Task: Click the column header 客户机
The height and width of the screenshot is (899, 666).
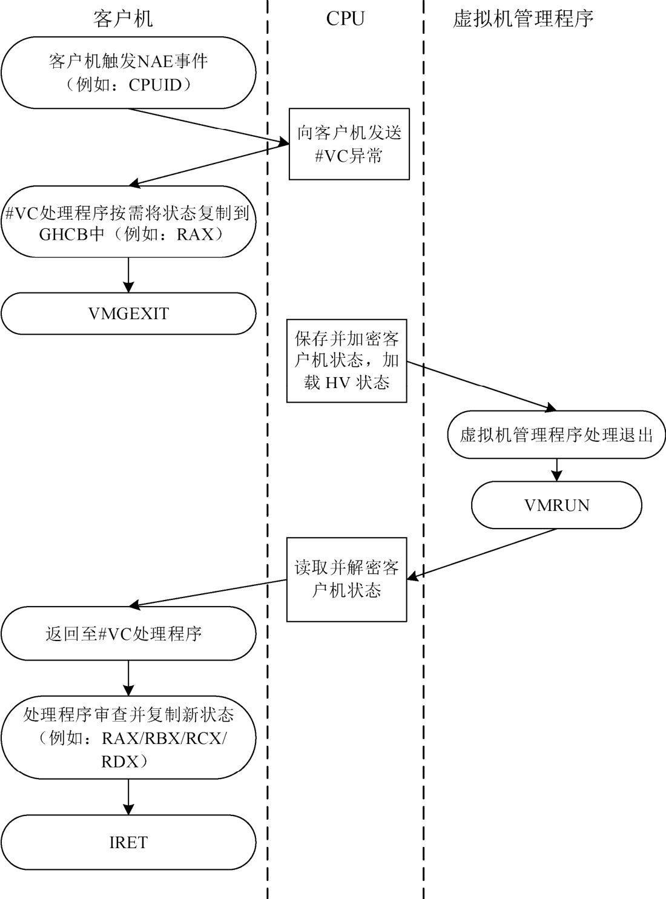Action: [x=123, y=19]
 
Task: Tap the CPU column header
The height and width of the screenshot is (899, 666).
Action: [x=345, y=19]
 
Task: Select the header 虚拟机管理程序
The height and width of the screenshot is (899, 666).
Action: [x=523, y=19]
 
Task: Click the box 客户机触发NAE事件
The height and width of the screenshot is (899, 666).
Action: [x=128, y=73]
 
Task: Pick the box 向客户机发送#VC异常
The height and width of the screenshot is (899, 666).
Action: [x=349, y=144]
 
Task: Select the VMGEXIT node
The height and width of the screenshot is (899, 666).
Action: [x=128, y=314]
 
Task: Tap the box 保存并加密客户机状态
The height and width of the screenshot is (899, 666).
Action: [x=347, y=361]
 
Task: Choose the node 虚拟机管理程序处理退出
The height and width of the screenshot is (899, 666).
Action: [x=556, y=435]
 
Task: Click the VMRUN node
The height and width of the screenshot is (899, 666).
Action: [x=556, y=505]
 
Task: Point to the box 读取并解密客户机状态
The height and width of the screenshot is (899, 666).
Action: [x=347, y=579]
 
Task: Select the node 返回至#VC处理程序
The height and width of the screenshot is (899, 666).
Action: [x=128, y=634]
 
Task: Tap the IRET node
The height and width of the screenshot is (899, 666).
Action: [x=128, y=842]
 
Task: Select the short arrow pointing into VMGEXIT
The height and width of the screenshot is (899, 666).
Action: [x=128, y=275]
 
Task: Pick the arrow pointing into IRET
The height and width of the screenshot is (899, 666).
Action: [x=128, y=797]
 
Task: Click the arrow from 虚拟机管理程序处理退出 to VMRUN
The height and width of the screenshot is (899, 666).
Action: [x=556, y=469]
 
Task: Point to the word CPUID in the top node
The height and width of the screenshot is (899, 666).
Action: [x=155, y=85]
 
